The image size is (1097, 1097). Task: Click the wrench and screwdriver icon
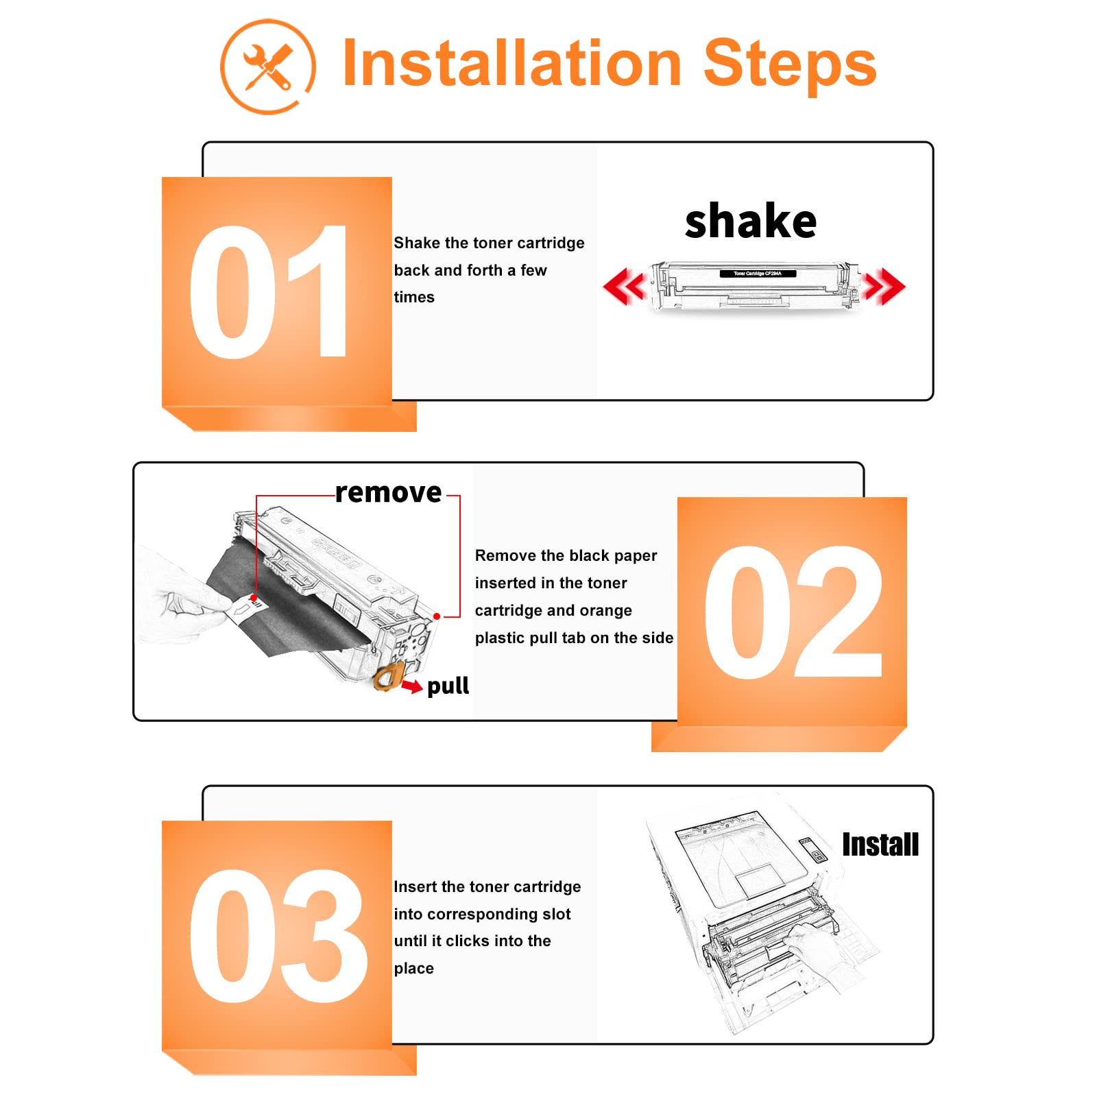click(267, 67)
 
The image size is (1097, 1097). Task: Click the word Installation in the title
click(511, 63)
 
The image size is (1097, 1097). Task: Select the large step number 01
click(269, 292)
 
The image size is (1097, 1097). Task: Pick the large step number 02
click(793, 612)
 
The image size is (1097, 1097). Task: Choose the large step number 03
click(278, 936)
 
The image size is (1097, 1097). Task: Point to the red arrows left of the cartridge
click(625, 287)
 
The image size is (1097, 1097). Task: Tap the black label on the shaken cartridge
click(758, 274)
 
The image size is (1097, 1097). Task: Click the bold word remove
click(388, 492)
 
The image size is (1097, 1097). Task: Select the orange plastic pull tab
click(387, 677)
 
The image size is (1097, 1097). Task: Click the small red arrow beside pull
click(412, 686)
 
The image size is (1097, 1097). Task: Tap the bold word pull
click(448, 686)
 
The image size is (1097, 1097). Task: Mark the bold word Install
click(880, 844)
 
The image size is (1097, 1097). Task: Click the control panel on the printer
click(812, 849)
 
